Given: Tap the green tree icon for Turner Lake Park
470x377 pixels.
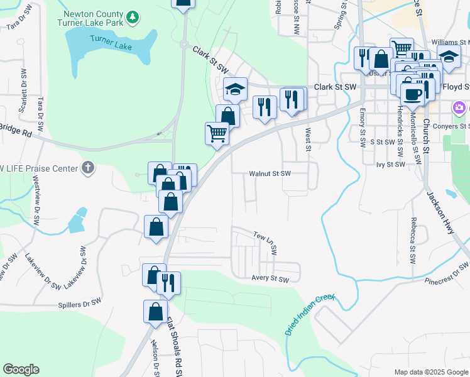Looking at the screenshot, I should point(132,18).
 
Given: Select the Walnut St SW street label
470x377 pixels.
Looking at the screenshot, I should point(270,173).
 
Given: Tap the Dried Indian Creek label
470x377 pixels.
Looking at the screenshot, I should point(310,314).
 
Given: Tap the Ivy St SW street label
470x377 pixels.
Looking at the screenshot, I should point(390,164).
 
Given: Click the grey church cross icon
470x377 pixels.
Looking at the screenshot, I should point(89,168).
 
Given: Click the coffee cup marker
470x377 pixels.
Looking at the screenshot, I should point(412,94).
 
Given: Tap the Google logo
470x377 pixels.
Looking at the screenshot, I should point(21,369).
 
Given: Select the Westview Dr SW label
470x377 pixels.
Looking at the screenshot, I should point(36,204).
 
